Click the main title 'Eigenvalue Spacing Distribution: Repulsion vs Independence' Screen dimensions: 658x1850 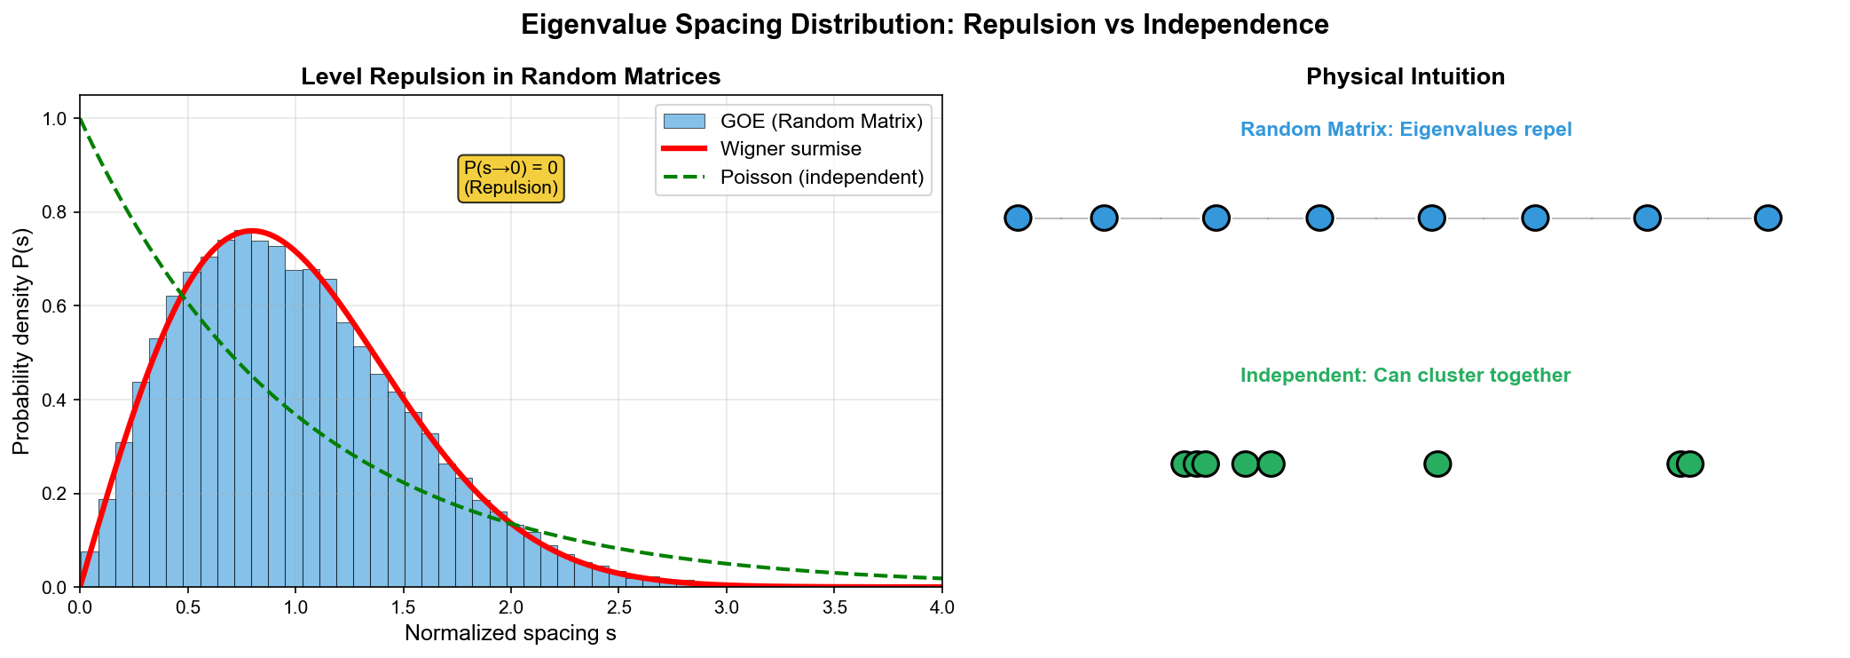[x=925, y=25]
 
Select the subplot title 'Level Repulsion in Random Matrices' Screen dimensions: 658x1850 [x=510, y=77]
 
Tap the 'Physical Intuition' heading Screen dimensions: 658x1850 [x=1405, y=77]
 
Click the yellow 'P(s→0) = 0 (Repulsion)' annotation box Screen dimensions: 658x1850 [x=511, y=178]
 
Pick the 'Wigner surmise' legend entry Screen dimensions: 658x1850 [x=791, y=149]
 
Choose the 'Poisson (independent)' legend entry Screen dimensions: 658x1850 [x=822, y=178]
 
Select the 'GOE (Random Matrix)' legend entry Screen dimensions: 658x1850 [x=821, y=121]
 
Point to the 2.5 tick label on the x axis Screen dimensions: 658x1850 [x=618, y=607]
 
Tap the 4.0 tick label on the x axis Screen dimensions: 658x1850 [x=941, y=607]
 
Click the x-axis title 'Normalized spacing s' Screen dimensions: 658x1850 [x=510, y=633]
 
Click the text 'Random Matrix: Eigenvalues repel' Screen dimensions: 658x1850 [x=1405, y=130]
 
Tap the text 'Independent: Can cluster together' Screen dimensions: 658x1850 [x=1405, y=376]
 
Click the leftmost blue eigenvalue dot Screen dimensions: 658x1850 [x=1018, y=218]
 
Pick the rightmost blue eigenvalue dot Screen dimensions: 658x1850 [x=1767, y=218]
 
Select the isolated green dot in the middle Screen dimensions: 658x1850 [x=1437, y=464]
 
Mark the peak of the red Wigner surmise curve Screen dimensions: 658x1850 [x=251, y=231]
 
